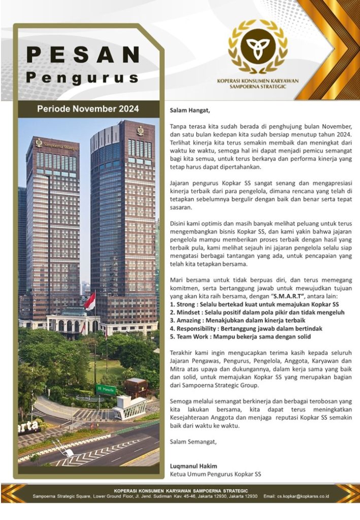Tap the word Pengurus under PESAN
click(x=83, y=78)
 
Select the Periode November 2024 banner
click(x=87, y=109)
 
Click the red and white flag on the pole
click(x=90, y=301)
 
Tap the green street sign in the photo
click(x=106, y=389)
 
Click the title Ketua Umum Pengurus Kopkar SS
click(x=215, y=474)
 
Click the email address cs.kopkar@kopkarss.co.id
click(x=304, y=496)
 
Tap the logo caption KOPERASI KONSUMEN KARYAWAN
click(x=257, y=80)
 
